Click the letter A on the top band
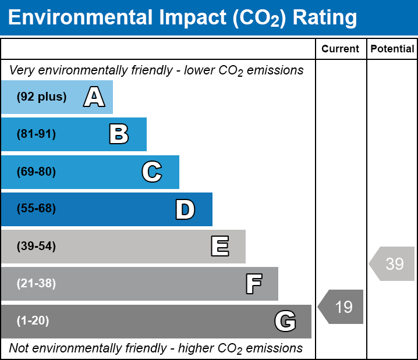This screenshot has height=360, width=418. (94, 97)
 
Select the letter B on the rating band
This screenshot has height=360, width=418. (119, 134)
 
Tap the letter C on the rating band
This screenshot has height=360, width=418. (152, 172)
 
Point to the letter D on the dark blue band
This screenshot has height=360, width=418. (185, 209)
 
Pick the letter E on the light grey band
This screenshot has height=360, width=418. (219, 247)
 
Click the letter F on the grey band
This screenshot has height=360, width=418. (253, 284)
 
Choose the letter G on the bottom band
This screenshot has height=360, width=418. (285, 321)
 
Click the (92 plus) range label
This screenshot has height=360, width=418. (41, 97)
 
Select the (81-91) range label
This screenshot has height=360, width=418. (36, 134)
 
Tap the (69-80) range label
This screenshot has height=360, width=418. (36, 172)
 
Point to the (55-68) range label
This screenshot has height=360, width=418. (36, 209)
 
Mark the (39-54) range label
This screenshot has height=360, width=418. (36, 247)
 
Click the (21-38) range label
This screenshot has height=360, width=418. (36, 284)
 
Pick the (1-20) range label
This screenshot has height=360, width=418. (33, 321)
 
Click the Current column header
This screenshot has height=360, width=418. (341, 49)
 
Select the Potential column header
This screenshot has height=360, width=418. (392, 49)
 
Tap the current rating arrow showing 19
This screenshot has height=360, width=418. (341, 306)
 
